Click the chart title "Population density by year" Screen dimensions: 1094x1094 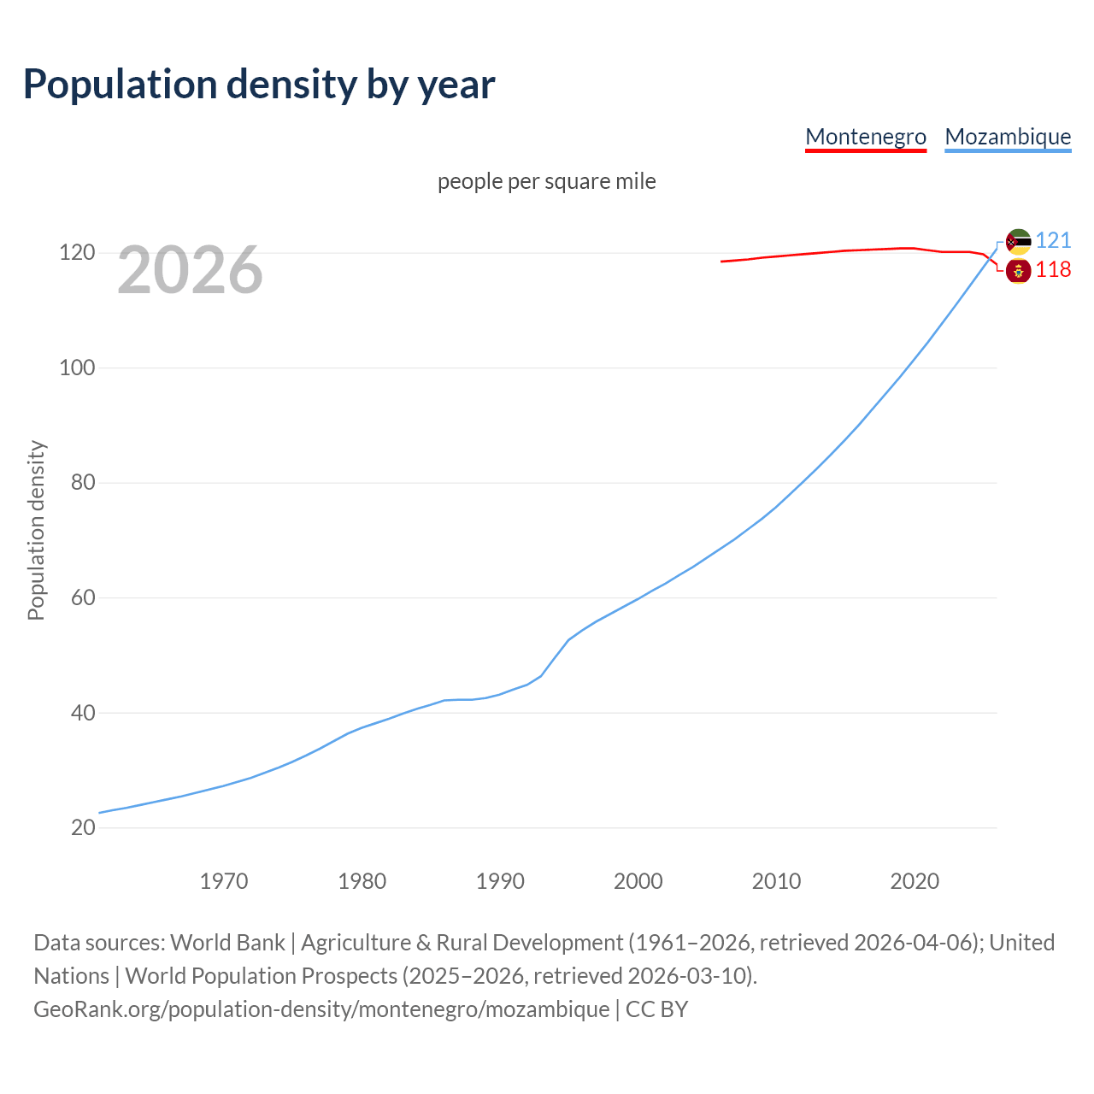tap(259, 85)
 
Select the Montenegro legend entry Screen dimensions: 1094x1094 tap(865, 137)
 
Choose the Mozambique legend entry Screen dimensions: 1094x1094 tap(1008, 137)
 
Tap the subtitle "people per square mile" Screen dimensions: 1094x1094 tap(546, 182)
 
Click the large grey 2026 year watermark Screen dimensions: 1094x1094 tap(190, 270)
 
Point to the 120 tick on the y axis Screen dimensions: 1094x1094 tap(76, 253)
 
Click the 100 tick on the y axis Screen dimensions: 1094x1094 tap(76, 368)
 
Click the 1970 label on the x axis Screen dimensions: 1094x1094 tap(224, 881)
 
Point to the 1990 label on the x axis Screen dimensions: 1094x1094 tap(500, 881)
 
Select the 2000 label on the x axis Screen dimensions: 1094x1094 tap(638, 881)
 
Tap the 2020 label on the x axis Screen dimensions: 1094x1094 tap(915, 881)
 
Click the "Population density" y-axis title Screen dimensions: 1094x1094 tap(36, 530)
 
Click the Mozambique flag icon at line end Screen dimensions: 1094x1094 tap(1018, 242)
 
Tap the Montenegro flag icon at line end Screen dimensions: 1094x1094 tap(1018, 271)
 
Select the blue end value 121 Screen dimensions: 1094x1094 tap(1053, 241)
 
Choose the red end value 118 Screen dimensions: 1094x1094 tap(1053, 270)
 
